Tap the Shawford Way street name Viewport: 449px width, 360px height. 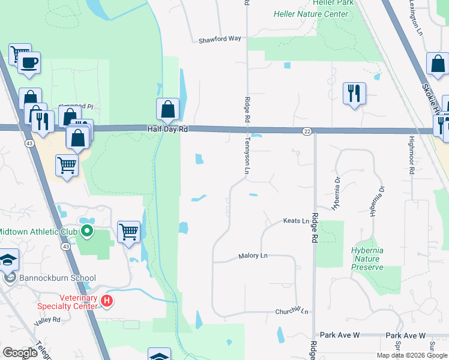[220, 38]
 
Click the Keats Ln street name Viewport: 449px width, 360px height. [296, 221]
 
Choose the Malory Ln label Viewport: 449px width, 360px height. [253, 256]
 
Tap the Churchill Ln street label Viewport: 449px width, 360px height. [292, 311]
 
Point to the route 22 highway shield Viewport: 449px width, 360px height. [306, 131]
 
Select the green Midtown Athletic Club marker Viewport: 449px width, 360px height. [87, 230]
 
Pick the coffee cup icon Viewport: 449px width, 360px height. [29, 62]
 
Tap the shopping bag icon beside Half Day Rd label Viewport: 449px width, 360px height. [168, 109]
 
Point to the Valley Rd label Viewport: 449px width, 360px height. [47, 320]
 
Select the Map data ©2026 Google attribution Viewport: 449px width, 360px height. [412, 355]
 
